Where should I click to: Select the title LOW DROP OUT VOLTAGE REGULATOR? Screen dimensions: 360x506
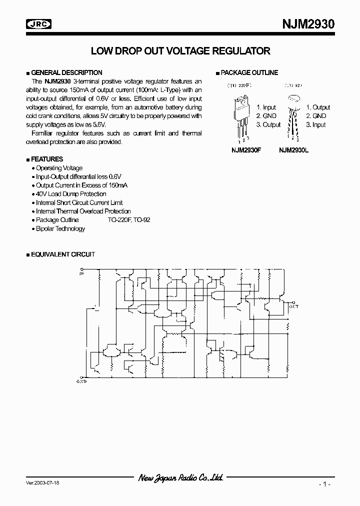point(180,51)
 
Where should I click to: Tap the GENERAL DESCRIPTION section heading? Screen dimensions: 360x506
point(66,72)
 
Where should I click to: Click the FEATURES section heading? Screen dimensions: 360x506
point(47,159)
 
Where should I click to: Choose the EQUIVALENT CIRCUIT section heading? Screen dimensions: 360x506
point(62,254)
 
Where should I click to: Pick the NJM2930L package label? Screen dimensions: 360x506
point(293,149)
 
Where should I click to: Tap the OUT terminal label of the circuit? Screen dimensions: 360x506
point(293,306)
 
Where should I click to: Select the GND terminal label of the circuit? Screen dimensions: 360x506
point(82,381)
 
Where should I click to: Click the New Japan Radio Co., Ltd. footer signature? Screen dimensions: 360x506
point(180,477)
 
